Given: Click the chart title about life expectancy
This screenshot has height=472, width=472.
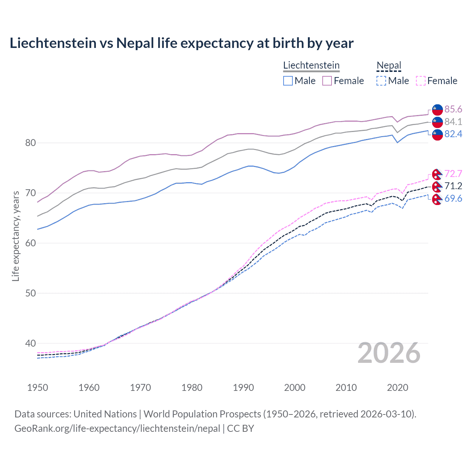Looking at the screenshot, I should (x=181, y=43).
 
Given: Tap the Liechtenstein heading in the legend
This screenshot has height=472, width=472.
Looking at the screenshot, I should (x=311, y=65).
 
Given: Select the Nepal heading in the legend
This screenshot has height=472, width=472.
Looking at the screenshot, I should (x=389, y=65).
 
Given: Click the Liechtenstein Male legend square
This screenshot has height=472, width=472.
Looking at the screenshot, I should (x=288, y=81).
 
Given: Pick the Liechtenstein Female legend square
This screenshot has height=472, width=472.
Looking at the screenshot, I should (x=327, y=81).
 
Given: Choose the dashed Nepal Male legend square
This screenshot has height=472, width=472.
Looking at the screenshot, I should (x=381, y=81).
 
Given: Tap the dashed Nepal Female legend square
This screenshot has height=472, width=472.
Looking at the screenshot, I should (x=421, y=81).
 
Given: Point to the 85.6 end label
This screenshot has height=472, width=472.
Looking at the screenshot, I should (x=453, y=109).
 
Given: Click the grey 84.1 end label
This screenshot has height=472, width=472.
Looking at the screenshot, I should (x=453, y=122).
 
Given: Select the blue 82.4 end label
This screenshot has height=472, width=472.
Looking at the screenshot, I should (x=453, y=134).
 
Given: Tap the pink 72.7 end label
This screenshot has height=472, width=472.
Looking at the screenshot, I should (x=453, y=174).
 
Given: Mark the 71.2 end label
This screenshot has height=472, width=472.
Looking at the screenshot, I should (x=453, y=186).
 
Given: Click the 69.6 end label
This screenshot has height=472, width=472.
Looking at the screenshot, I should (x=453, y=198).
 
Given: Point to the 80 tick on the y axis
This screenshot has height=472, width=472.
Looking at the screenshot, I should (x=31, y=143).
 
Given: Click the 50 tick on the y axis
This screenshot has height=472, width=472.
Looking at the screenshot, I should (x=31, y=293).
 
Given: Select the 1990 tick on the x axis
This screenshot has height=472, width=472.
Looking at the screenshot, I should (x=243, y=388).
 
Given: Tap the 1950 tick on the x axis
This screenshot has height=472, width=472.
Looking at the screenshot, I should (x=38, y=388).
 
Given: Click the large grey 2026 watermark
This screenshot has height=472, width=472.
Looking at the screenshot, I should (x=389, y=353).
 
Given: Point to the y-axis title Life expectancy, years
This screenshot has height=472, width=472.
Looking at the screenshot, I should (x=15, y=236).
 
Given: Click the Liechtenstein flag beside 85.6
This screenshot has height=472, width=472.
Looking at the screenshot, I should (x=437, y=110).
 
